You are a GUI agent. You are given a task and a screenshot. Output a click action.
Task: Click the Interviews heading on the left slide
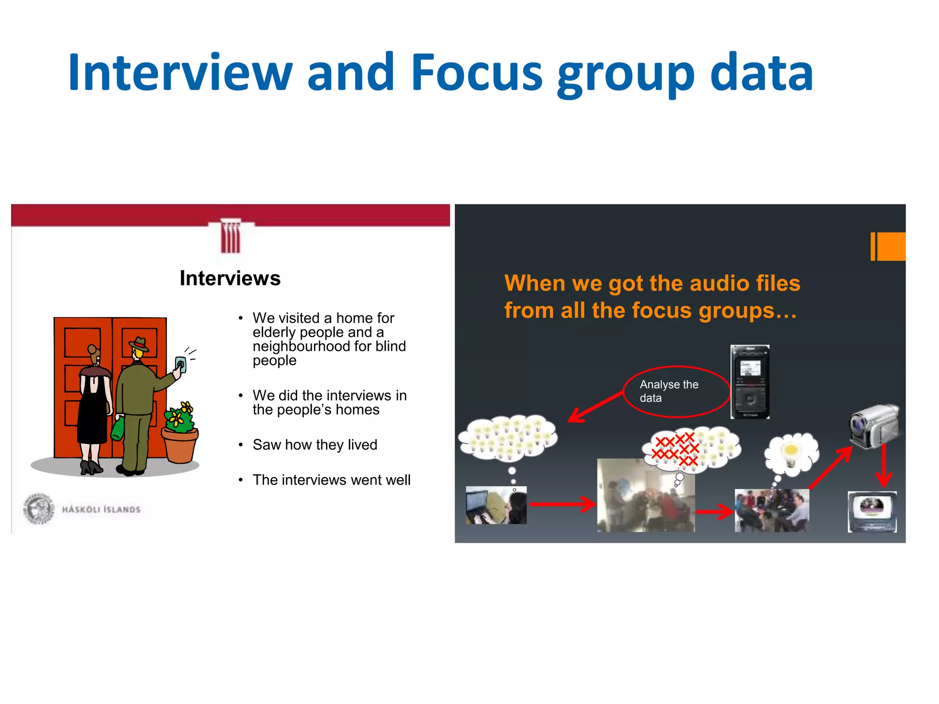click(x=230, y=278)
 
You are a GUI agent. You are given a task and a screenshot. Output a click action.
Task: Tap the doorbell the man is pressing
click(x=181, y=365)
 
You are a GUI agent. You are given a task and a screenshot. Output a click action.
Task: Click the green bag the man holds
click(x=118, y=428)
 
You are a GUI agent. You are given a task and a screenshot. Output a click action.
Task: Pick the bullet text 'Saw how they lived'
click(x=315, y=445)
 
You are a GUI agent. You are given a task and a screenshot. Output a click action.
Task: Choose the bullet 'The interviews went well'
click(x=331, y=480)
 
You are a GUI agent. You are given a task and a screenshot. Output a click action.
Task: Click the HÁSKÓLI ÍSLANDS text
click(x=101, y=509)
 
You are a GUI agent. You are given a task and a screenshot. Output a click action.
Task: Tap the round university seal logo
click(x=39, y=508)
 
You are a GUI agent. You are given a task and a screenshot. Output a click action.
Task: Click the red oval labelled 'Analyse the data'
click(x=676, y=391)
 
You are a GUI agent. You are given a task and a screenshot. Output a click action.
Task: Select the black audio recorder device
click(x=750, y=382)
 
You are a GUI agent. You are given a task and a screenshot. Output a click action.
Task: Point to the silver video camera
click(x=874, y=426)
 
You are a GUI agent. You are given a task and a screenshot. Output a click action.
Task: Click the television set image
click(x=872, y=511)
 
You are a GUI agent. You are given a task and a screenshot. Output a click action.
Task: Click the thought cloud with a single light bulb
click(x=791, y=453)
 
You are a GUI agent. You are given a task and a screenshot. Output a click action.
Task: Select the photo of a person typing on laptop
click(x=496, y=505)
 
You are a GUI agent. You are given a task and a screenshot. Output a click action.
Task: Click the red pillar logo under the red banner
click(x=230, y=237)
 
